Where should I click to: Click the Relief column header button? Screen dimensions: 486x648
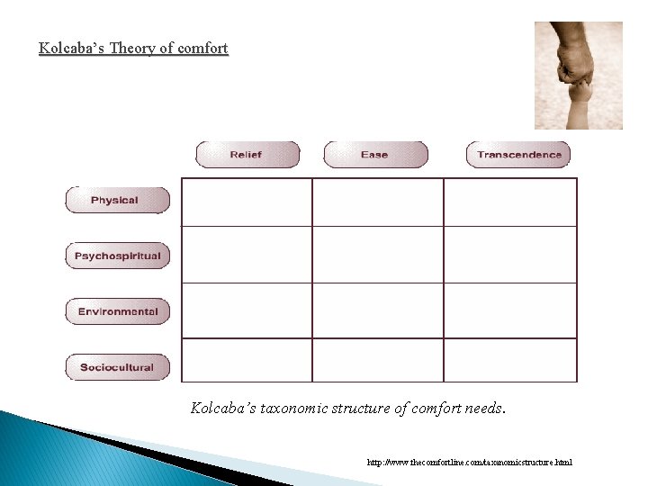[x=247, y=155]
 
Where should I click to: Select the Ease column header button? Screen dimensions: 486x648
[x=374, y=155]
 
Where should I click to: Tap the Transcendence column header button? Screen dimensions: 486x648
[x=518, y=155]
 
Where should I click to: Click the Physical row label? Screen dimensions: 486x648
[x=116, y=200]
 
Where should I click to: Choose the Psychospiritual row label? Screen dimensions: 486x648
[x=117, y=256]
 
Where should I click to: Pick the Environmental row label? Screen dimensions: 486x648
[x=117, y=311]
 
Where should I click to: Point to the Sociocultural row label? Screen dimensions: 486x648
[x=117, y=367]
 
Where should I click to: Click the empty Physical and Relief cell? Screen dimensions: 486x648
[x=247, y=202]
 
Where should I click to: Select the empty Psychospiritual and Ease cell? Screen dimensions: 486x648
[x=378, y=255]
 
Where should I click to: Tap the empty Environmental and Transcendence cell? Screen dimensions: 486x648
[x=510, y=310]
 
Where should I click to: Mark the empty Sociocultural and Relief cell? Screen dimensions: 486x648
[x=247, y=360]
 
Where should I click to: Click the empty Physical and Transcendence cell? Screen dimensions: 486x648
[x=510, y=202]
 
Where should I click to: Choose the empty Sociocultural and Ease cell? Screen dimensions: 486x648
[x=378, y=360]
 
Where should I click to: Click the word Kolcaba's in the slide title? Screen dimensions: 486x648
[x=72, y=49]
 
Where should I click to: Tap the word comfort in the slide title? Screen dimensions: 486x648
[x=202, y=49]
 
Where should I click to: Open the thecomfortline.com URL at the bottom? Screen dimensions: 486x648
[x=469, y=463]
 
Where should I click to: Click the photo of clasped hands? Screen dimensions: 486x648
[x=578, y=76]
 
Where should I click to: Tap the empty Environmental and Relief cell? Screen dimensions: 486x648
[x=247, y=310]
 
